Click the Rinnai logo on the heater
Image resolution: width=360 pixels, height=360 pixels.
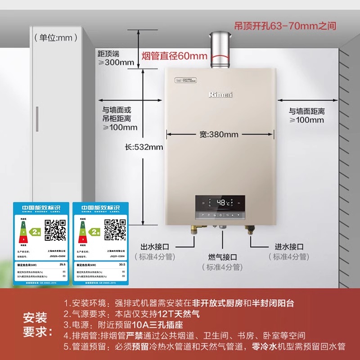[x=220, y=94]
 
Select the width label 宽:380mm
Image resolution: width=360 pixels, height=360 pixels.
[x=219, y=134]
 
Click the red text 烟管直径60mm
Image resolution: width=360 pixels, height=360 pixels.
[x=175, y=56]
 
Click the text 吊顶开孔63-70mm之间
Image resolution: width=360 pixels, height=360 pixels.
[x=285, y=26]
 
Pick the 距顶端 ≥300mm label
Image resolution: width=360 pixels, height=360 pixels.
[x=116, y=58]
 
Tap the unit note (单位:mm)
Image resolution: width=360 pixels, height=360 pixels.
[x=53, y=38]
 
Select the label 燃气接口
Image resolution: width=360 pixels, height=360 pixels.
[x=222, y=257]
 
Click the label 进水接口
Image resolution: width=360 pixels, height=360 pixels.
[x=289, y=247]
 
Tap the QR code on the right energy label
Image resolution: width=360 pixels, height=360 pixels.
[x=115, y=229]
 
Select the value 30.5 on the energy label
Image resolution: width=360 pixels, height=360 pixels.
[x=121, y=264]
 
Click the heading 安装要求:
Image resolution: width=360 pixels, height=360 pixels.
[x=35, y=325]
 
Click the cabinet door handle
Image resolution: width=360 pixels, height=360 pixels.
[x=37, y=119]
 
